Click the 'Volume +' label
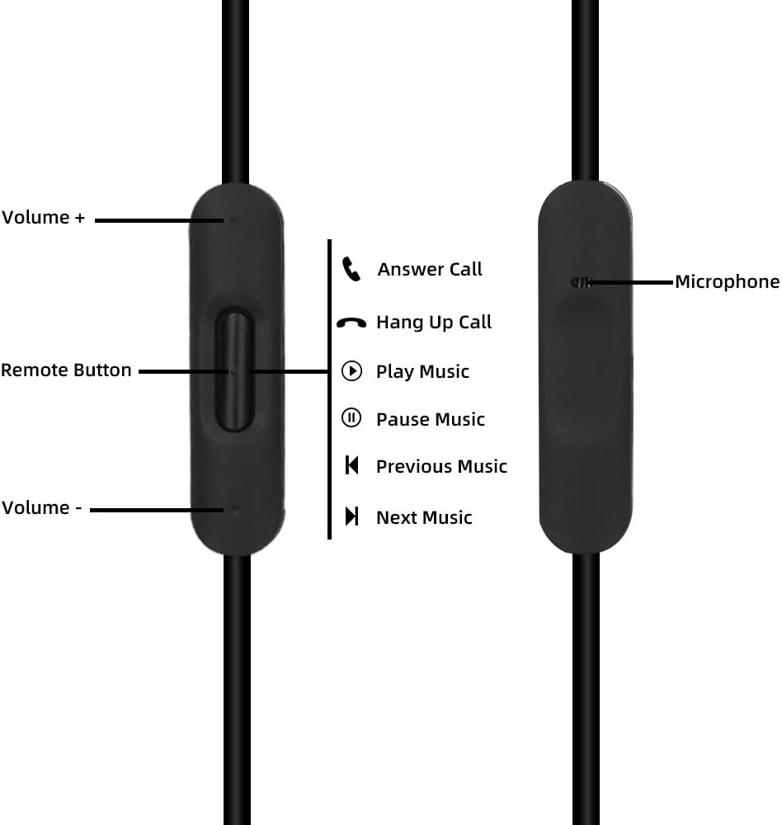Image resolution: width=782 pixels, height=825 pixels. tap(43, 217)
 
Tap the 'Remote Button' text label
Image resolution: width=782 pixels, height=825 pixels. tap(66, 370)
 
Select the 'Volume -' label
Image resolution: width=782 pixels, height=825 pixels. tap(41, 507)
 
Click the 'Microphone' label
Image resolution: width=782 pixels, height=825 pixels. tap(728, 281)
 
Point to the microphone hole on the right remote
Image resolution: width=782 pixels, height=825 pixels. tap(581, 282)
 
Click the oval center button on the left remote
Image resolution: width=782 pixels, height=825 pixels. tap(234, 370)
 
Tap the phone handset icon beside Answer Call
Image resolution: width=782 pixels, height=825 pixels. tap(351, 269)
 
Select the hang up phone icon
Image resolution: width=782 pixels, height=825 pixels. tap(351, 323)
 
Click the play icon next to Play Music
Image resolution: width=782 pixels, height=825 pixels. tap(351, 371)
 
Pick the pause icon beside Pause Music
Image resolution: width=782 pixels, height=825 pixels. tap(351, 418)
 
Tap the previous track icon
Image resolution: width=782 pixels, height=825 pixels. tap(351, 465)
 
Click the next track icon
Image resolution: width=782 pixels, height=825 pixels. tap(351, 516)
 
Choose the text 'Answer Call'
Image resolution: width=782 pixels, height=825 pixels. tap(430, 270)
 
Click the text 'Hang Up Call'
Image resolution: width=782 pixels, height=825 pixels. tap(434, 323)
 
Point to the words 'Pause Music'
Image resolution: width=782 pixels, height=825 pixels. tap(431, 419)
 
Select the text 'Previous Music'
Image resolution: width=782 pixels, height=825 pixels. tap(441, 466)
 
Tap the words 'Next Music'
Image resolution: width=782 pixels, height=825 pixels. tap(424, 517)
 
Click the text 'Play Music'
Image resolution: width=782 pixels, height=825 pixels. tap(422, 371)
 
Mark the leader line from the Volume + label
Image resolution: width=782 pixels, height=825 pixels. tap(159, 220)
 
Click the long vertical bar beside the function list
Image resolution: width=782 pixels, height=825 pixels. tap(329, 389)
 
